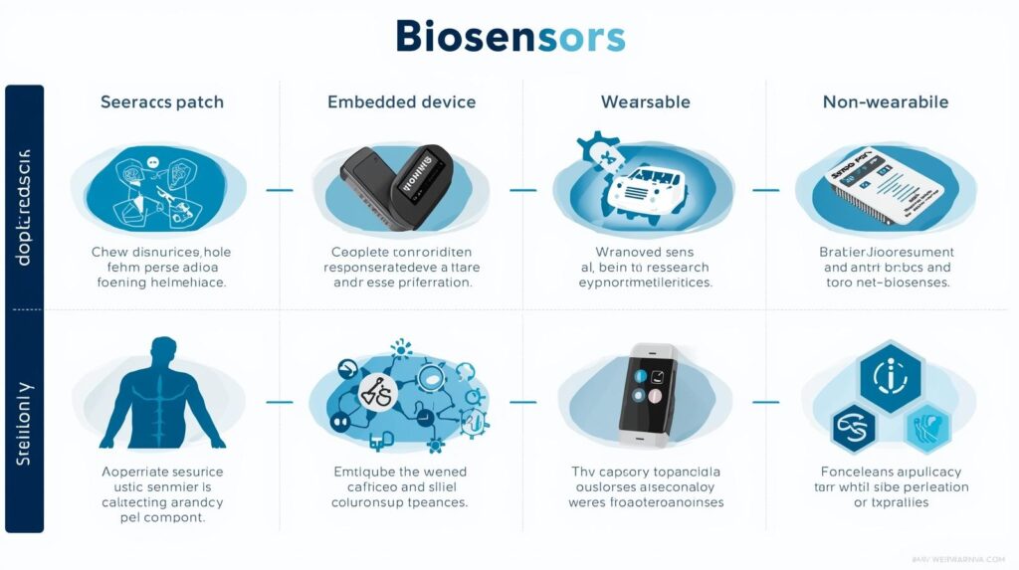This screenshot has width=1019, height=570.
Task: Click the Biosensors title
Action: tap(509, 36)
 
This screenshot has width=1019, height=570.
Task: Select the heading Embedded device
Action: tap(401, 101)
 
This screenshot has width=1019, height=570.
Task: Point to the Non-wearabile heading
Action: tap(885, 101)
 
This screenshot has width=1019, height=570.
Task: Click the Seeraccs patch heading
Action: tap(161, 101)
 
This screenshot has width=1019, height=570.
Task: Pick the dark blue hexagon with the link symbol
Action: tap(854, 428)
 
